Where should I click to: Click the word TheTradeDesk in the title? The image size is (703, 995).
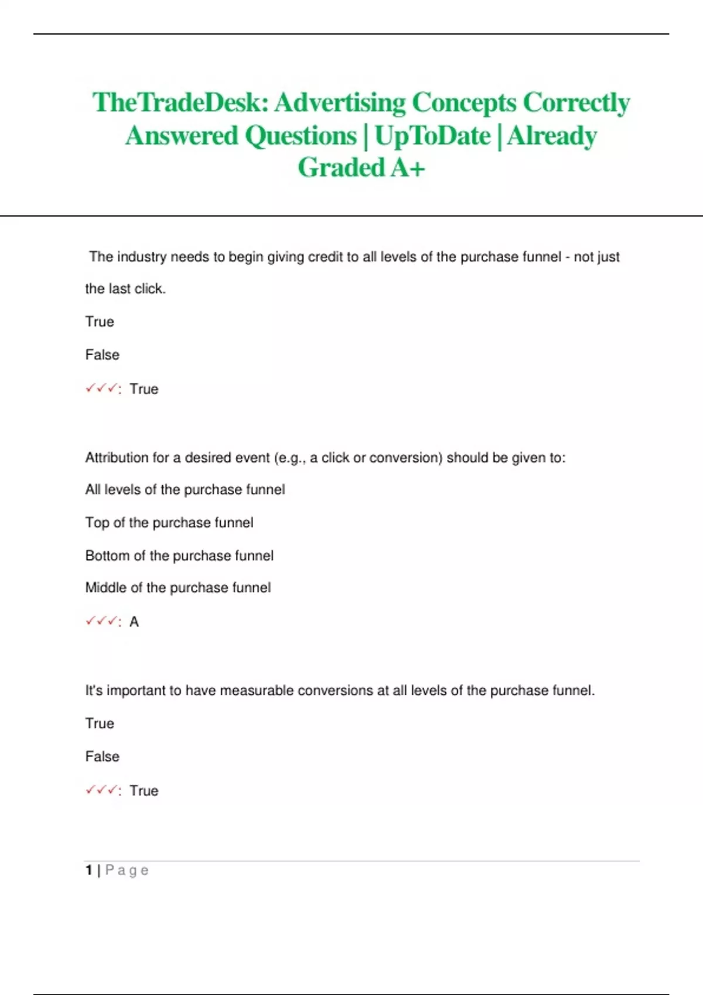179,103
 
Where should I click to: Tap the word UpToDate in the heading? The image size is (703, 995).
432,136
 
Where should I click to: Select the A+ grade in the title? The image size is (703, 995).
408,168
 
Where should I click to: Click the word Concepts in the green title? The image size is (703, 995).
464,103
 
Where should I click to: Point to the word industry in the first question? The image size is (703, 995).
142,257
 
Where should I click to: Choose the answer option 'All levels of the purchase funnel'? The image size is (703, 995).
185,489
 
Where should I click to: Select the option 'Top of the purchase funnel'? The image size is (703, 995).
169,522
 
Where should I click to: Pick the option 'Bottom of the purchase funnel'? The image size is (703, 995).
179,555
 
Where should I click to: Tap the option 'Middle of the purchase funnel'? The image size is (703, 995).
178,588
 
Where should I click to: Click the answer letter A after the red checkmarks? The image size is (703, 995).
134,622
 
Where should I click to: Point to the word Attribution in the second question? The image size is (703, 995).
117,458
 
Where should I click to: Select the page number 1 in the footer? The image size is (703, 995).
89,870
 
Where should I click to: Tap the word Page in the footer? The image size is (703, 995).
127,870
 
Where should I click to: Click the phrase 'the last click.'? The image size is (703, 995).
125,289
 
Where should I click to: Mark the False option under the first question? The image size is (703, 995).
102,355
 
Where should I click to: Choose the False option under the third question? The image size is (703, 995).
102,756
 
